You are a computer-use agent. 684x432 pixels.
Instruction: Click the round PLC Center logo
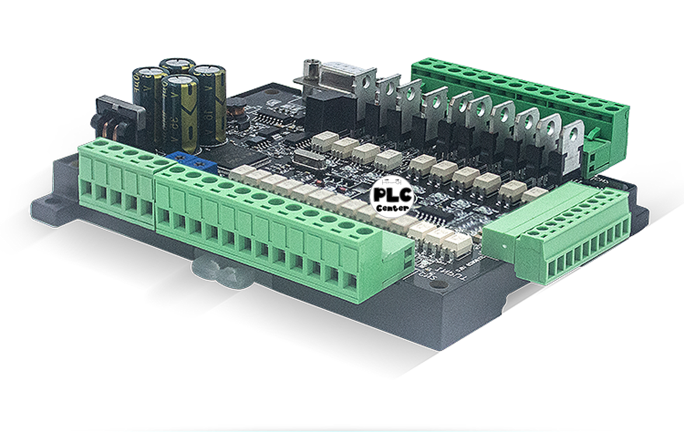[393, 198]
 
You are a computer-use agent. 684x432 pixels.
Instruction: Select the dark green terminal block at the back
[519, 87]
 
